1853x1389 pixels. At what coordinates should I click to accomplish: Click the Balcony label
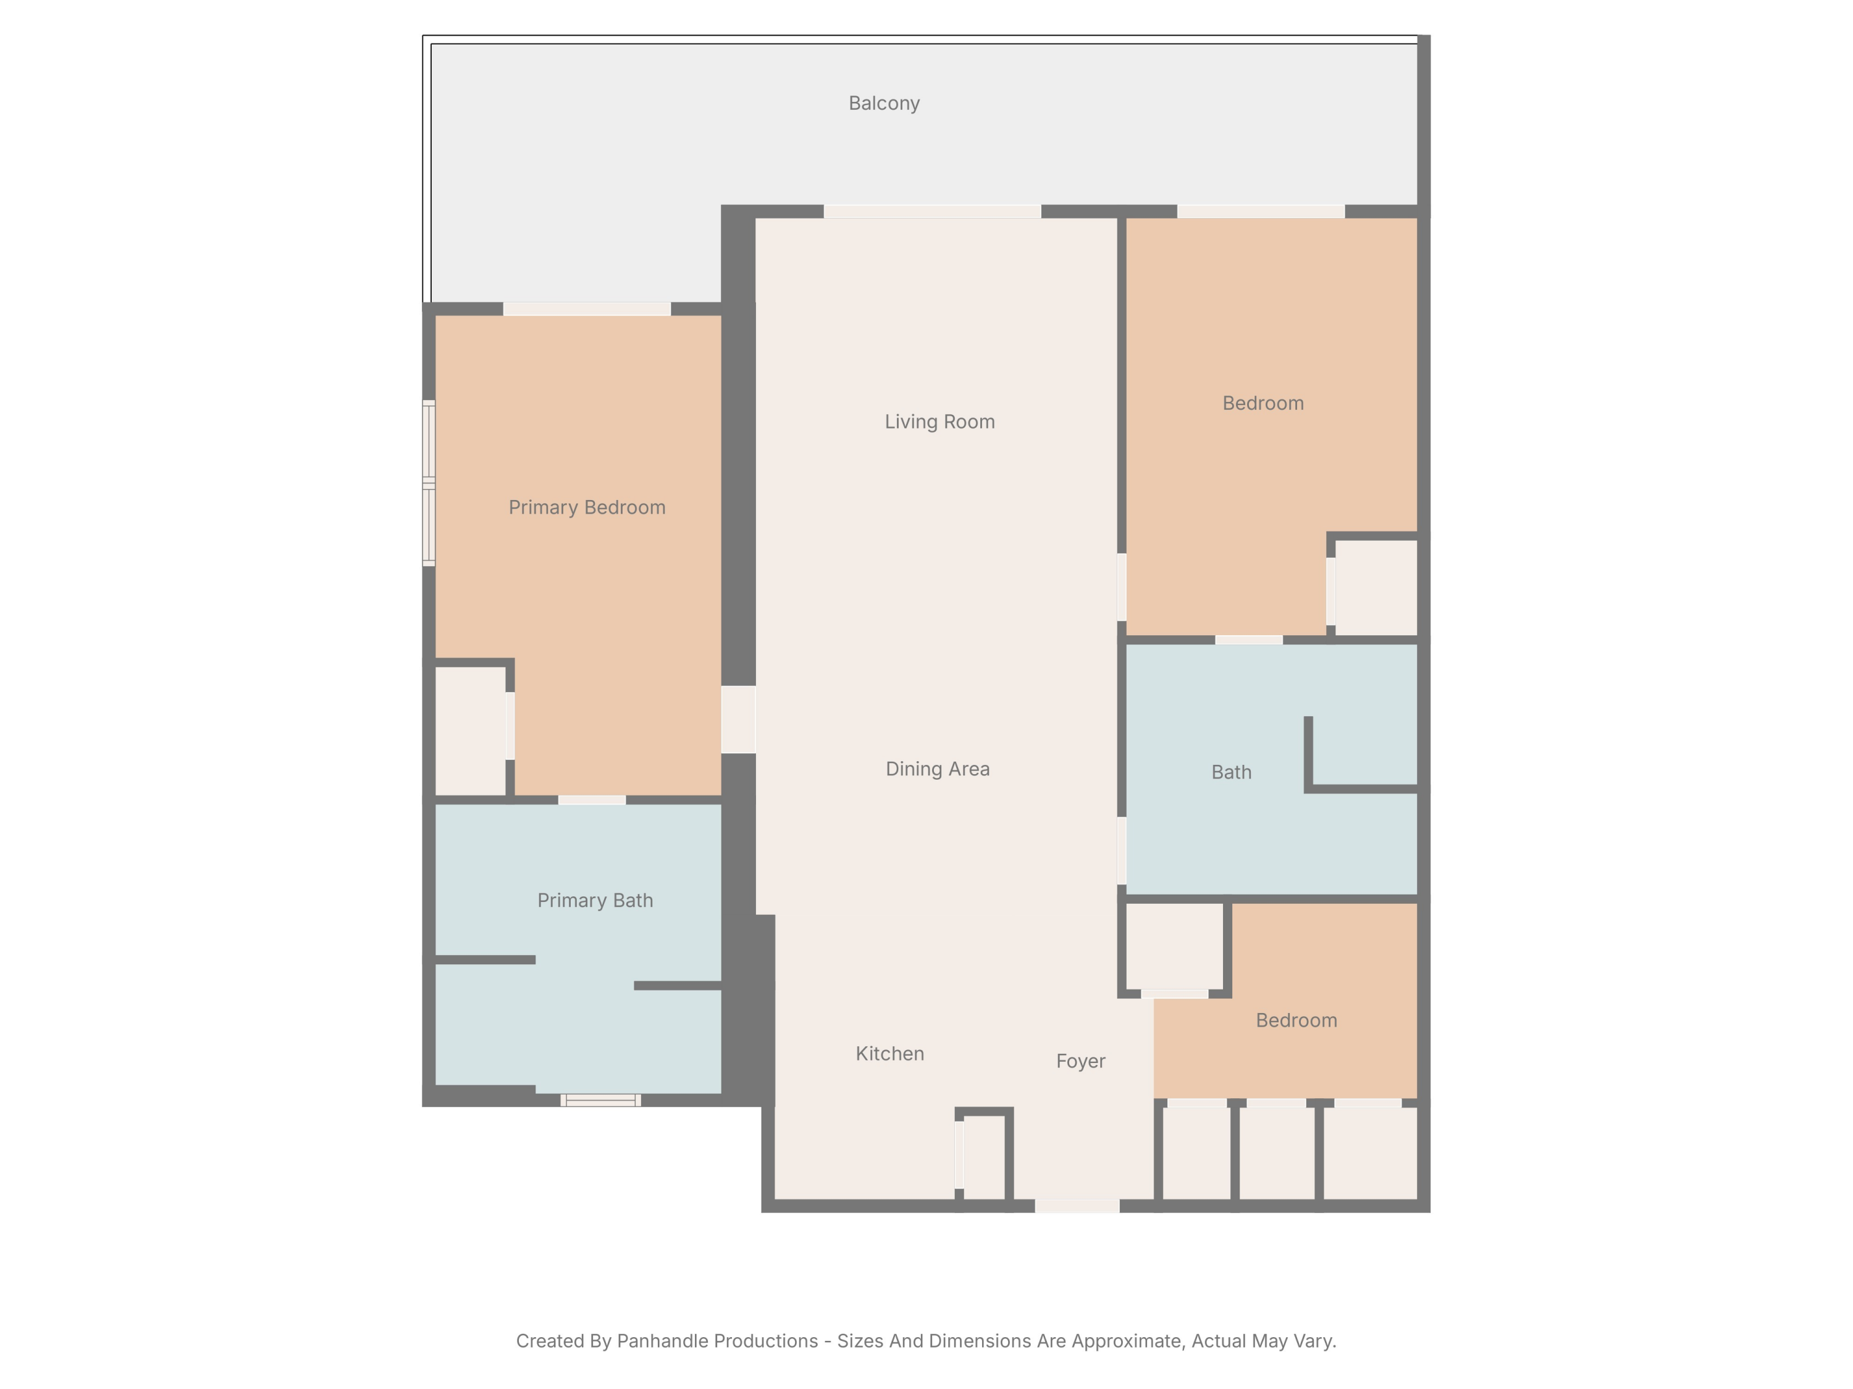884,103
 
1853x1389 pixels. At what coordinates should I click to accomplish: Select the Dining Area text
938,769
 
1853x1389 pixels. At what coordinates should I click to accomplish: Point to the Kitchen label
889,1053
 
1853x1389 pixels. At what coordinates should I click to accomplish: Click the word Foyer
1080,1061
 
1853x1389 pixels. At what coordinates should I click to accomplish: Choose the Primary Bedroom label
586,507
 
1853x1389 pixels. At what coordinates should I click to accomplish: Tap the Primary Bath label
595,900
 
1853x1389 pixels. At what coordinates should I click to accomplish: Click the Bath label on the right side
1230,772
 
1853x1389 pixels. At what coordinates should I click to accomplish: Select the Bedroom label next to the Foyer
1296,1020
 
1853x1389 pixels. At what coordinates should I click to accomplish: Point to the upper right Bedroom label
1263,403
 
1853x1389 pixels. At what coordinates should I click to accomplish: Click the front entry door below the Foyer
1077,1206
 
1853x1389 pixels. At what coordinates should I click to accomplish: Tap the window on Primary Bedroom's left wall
428,483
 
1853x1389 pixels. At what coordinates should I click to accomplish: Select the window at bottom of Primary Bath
600,1100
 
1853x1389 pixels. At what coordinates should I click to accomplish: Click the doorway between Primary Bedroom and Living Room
738,719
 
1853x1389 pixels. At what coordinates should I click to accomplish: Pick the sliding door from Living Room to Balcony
931,212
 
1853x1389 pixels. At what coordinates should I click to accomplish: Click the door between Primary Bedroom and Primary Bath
592,799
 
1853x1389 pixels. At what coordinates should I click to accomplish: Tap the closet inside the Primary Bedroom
470,730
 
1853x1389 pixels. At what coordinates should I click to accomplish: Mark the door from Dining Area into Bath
1121,850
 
